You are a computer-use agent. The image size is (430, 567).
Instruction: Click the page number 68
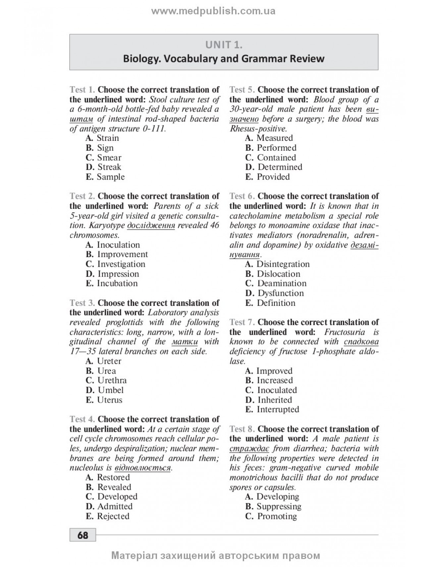pos(82,535)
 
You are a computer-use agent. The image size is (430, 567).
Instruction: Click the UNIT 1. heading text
pos(224,44)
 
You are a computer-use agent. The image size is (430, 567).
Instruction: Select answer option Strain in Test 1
pos(108,138)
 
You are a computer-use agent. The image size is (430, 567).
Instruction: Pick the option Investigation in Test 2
pos(121,264)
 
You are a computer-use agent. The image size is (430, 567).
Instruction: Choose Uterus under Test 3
pos(110,400)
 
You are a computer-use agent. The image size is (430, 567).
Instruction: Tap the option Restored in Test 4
pos(113,478)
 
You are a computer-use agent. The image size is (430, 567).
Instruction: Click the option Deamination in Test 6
pos(282,283)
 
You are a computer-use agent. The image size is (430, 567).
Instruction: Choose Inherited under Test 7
pos(275,400)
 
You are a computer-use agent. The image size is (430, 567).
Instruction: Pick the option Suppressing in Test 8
pos(279,506)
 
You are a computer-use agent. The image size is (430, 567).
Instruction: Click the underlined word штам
pos(81,119)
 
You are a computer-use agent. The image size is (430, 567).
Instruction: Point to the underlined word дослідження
pos(151,226)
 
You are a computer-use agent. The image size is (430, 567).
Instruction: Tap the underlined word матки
pos(185,342)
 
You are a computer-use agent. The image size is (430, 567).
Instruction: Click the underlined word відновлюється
pos(142,468)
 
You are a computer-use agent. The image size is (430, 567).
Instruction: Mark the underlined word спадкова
pos(361,342)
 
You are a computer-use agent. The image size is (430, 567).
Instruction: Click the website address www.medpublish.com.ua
pos(213,11)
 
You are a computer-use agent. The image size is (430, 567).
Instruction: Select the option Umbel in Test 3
pos(111,390)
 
